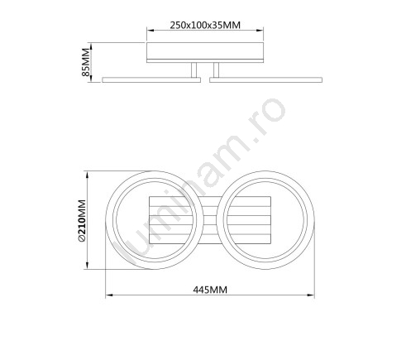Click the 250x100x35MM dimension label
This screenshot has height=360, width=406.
(205, 25)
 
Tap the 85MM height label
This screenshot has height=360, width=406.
(86, 62)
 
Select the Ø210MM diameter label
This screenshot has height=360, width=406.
(82, 221)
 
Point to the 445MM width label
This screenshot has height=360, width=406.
(210, 290)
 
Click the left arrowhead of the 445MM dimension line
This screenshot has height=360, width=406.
(109, 295)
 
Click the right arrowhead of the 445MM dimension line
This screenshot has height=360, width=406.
(311, 295)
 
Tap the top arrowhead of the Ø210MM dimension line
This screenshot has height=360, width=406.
(88, 175)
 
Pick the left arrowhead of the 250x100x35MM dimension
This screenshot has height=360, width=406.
(150, 31)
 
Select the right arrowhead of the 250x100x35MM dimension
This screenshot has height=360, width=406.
(260, 31)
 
